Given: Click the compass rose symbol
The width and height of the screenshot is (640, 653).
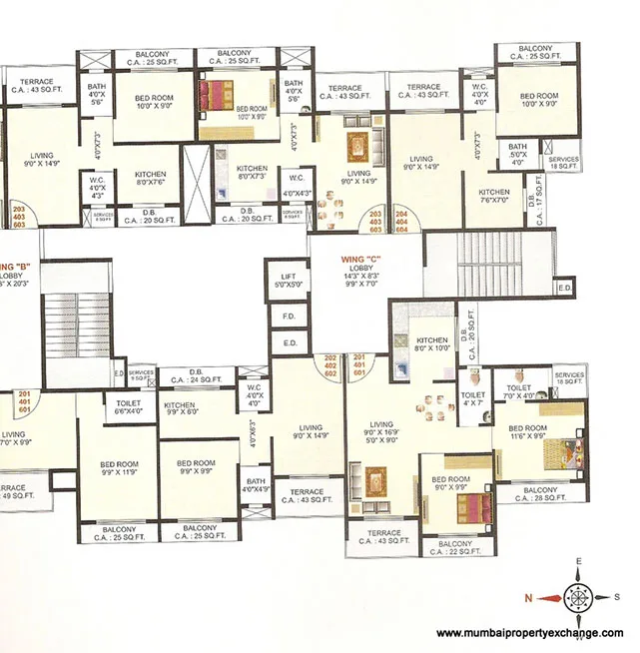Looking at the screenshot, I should click(x=580, y=598).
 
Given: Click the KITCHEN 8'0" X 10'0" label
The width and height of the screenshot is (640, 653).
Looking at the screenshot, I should click(x=431, y=344).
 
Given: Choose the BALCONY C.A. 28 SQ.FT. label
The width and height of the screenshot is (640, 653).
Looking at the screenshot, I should click(x=540, y=494).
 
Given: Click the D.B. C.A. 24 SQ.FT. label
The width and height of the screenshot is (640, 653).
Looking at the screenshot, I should click(x=196, y=376).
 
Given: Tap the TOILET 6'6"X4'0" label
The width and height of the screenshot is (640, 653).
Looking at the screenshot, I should click(x=129, y=405).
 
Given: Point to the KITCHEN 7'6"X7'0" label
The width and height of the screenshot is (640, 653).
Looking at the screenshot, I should click(x=493, y=196).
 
